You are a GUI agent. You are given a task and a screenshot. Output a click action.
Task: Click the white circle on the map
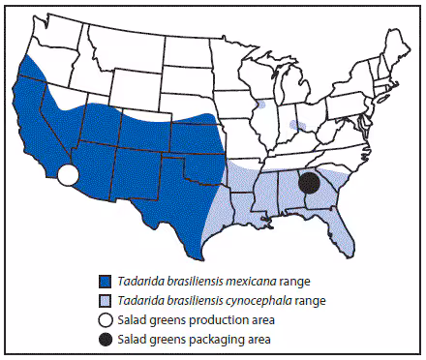click(x=68, y=175)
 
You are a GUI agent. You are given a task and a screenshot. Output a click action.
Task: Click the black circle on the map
click(x=309, y=182)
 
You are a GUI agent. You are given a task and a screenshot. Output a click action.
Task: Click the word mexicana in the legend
click(x=230, y=282)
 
